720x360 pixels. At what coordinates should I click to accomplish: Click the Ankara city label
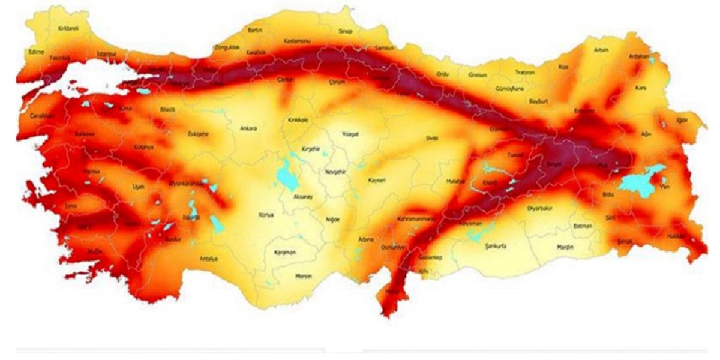pos(248,128)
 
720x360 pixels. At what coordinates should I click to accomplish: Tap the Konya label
pos(265,215)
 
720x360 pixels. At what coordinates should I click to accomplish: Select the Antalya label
pos(208,259)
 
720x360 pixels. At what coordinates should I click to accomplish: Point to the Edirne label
pos(36,52)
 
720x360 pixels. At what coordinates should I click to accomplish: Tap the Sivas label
pos(432,137)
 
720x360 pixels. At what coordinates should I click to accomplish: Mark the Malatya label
pos(456,181)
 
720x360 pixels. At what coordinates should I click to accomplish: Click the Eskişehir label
pos(197,133)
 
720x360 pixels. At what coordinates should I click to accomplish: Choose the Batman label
pos(583,226)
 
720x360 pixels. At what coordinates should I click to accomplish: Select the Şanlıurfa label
pos(496,246)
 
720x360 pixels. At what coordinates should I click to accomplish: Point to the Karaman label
pos(285,253)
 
